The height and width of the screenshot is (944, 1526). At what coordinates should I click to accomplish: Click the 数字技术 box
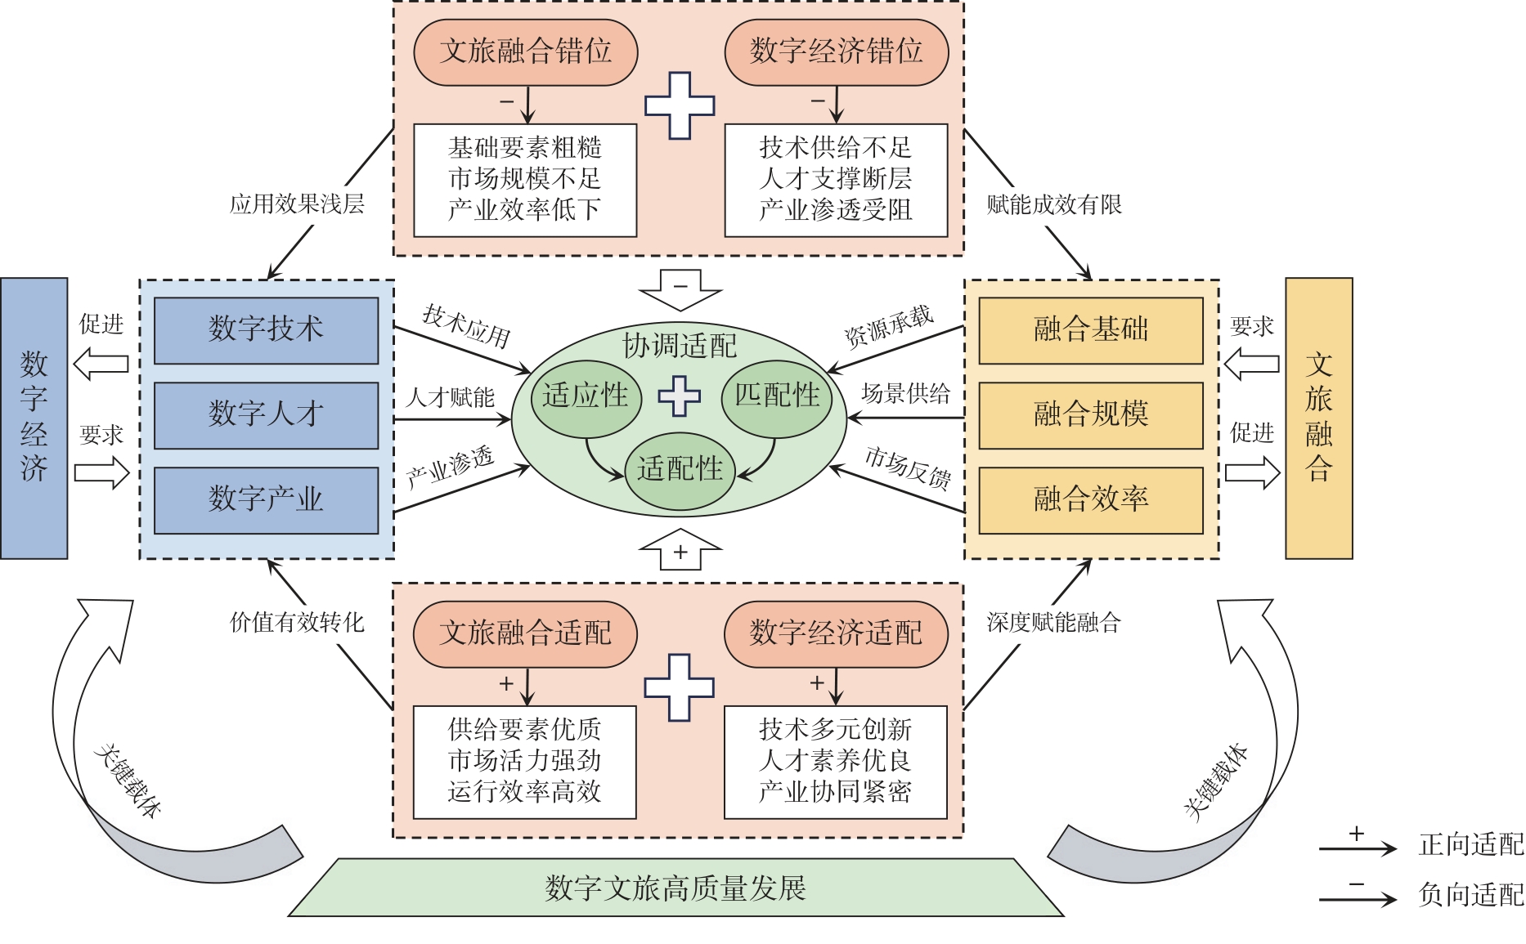266,330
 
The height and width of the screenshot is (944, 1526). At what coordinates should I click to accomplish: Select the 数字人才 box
266,415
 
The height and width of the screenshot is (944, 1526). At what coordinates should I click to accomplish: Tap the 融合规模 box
1091,415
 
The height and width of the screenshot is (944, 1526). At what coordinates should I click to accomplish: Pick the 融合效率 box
1091,500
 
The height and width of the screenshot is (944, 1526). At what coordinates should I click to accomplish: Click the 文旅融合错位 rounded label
525,52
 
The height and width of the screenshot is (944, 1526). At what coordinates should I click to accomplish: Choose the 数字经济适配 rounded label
836,633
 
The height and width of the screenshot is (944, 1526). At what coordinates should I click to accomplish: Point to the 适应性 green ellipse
586,397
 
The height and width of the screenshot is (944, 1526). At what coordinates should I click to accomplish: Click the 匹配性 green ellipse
777,397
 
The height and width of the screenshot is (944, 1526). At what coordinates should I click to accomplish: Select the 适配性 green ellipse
680,471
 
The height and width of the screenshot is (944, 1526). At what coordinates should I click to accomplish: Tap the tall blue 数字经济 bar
34,418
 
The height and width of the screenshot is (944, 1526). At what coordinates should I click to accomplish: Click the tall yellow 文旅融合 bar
1318,418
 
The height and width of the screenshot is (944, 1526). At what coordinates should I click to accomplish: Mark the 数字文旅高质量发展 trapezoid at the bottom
675,888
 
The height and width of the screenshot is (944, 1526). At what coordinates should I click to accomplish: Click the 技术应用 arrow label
466,325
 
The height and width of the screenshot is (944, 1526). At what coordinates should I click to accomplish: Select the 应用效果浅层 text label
297,204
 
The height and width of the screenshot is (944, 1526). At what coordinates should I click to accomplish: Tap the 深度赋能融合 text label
1053,623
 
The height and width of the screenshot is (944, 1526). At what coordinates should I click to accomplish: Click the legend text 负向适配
1470,895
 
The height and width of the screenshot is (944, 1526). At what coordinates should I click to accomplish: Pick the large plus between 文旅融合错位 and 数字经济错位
680,105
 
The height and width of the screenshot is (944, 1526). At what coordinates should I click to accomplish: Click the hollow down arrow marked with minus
680,289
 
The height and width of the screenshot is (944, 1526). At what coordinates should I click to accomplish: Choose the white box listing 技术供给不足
836,180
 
